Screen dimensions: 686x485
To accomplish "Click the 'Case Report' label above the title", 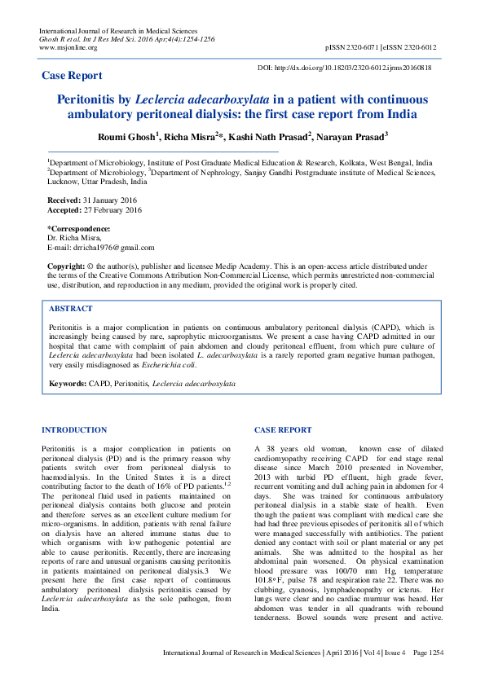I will (73, 76).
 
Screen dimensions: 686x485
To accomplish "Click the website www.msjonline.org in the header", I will (68, 47).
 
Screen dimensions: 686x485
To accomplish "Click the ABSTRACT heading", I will (71, 310).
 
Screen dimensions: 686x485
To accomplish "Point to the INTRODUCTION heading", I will (74, 429).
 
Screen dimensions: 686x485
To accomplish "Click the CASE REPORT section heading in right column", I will (283, 429).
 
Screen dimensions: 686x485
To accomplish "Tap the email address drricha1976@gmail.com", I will (113, 248).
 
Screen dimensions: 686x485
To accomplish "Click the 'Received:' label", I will (64, 200).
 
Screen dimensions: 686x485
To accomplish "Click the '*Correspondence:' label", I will (78, 228).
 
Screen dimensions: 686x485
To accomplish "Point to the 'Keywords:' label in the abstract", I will (68, 382).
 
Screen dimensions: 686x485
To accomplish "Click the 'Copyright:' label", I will (66, 266).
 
